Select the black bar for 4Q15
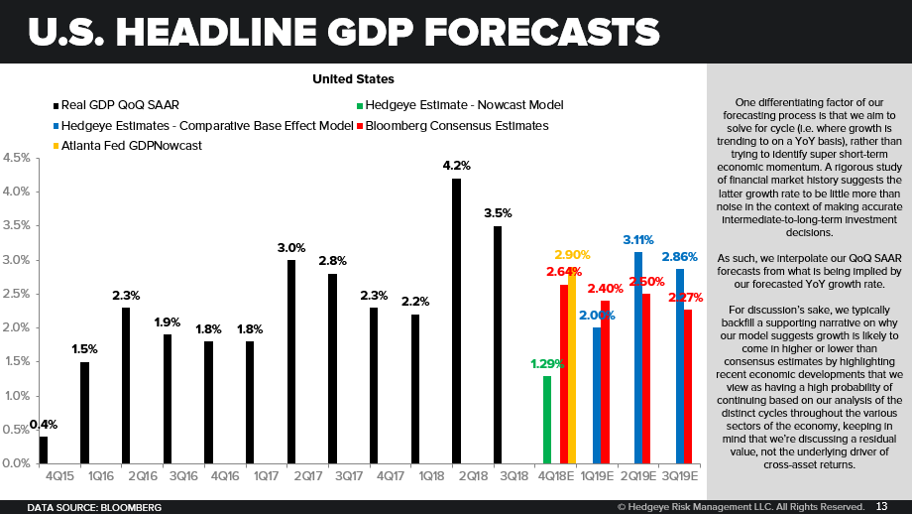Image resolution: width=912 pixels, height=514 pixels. click(x=44, y=450)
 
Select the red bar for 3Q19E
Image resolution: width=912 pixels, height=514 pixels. click(x=688, y=386)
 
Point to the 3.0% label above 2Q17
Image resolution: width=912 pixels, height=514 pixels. click(x=290, y=248)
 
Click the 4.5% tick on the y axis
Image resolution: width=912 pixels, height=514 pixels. click(x=15, y=158)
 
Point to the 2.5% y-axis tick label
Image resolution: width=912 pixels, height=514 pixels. click(x=15, y=294)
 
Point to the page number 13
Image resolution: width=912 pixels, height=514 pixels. click(x=881, y=506)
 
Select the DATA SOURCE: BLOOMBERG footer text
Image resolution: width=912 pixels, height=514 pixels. click(x=94, y=506)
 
